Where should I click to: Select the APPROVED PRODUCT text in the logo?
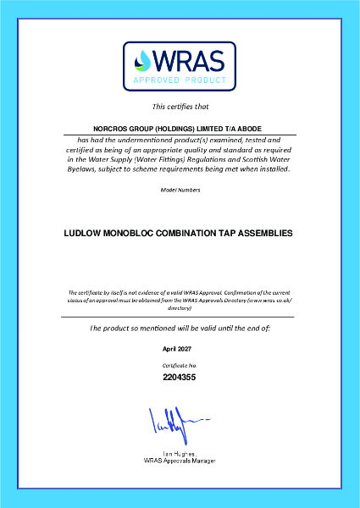pyautogui.click(x=180, y=81)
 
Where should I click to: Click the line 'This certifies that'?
pyautogui.click(x=180, y=107)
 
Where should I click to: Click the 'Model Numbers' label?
pyautogui.click(x=180, y=190)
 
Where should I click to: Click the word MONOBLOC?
pyautogui.click(x=140, y=230)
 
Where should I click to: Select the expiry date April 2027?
pyautogui.click(x=180, y=348)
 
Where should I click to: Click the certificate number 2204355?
pyautogui.click(x=180, y=377)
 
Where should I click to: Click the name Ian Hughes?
pyautogui.click(x=180, y=454)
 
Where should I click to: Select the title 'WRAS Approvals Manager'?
pyautogui.click(x=180, y=461)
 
